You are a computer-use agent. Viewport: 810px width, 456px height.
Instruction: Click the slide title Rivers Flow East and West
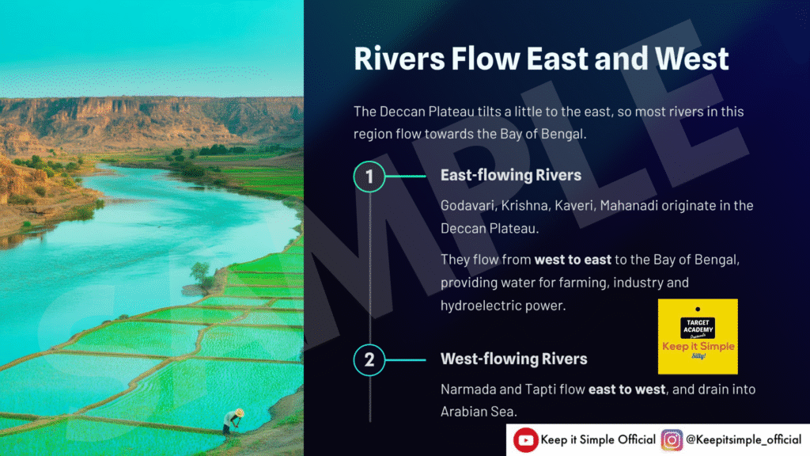(x=541, y=58)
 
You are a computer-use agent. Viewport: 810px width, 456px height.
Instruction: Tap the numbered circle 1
(x=369, y=177)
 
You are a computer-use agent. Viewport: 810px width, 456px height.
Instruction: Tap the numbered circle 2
(x=369, y=360)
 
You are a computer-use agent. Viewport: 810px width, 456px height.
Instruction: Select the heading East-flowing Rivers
(x=511, y=175)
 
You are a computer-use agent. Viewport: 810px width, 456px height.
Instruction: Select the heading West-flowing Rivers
(x=514, y=359)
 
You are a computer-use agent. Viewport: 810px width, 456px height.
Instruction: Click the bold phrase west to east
(x=573, y=260)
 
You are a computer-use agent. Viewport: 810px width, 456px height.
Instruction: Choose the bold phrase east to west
(x=627, y=389)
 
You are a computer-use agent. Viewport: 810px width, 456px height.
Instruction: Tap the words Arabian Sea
(x=478, y=412)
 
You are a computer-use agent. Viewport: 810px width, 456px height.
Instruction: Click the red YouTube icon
(x=525, y=440)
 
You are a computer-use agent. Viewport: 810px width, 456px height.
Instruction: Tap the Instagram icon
(x=672, y=440)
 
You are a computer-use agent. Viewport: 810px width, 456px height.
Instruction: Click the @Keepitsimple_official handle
(x=744, y=440)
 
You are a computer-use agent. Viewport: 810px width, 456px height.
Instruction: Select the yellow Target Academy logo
(x=698, y=336)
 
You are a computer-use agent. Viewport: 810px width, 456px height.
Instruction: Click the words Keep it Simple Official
(x=598, y=440)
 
